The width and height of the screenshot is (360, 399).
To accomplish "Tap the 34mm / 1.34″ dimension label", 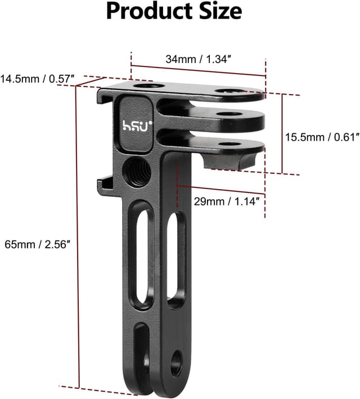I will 199,59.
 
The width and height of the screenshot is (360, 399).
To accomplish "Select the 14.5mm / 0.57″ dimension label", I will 38,79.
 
